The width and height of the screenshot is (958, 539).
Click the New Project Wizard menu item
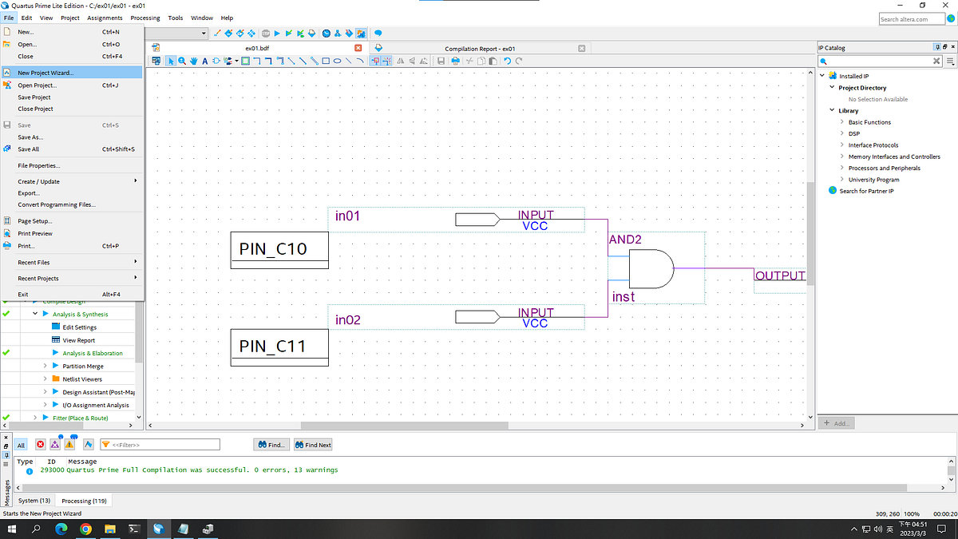click(x=46, y=73)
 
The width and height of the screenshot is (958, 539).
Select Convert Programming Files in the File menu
click(x=56, y=204)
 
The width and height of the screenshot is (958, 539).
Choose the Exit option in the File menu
click(x=23, y=294)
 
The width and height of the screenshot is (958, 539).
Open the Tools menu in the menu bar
click(x=175, y=18)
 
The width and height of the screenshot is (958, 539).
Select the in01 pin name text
click(x=348, y=216)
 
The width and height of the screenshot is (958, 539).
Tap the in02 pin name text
click(x=348, y=320)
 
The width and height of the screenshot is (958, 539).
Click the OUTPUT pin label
click(x=779, y=276)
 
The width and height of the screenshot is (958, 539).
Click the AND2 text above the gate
click(x=625, y=240)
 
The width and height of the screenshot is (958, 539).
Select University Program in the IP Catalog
click(x=873, y=180)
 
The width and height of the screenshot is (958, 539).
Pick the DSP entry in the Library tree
click(x=854, y=133)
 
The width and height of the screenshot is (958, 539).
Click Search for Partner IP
click(x=866, y=191)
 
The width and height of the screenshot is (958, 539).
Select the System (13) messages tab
click(x=34, y=501)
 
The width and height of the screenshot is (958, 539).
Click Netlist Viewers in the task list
click(x=82, y=379)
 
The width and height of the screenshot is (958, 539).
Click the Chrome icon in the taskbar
click(x=85, y=529)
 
